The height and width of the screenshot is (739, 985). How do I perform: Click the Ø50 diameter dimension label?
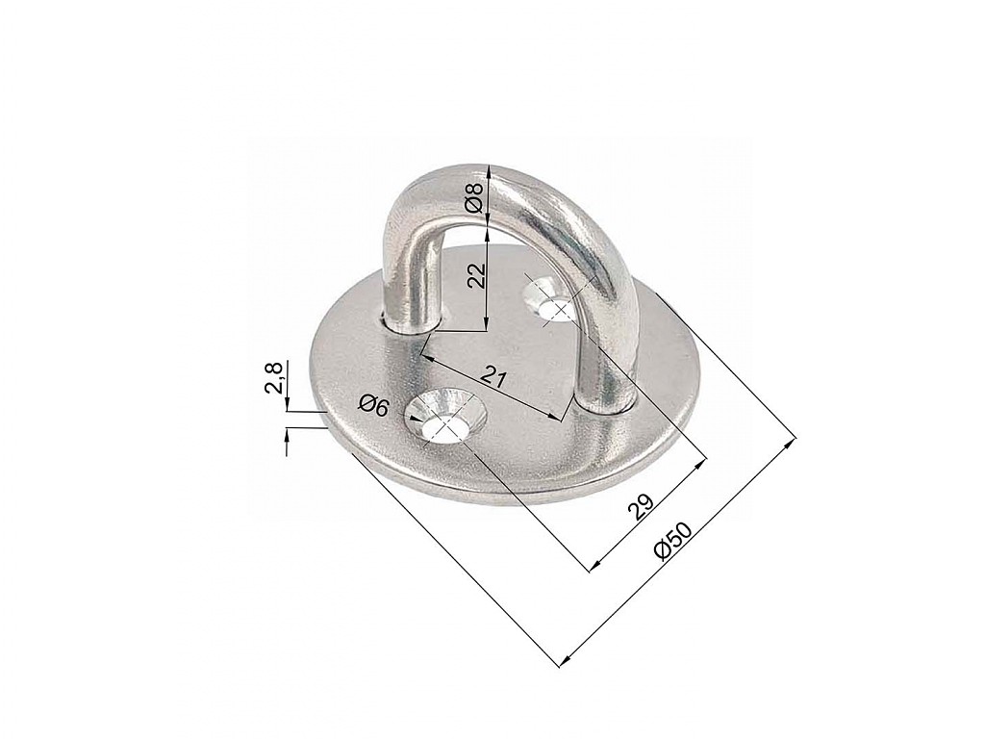click(672, 540)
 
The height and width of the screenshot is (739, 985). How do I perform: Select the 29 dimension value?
click(642, 506)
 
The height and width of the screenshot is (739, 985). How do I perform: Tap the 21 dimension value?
click(494, 376)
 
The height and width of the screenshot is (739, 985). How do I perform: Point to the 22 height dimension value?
click(479, 274)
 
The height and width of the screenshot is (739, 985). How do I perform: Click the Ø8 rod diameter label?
click(475, 197)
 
